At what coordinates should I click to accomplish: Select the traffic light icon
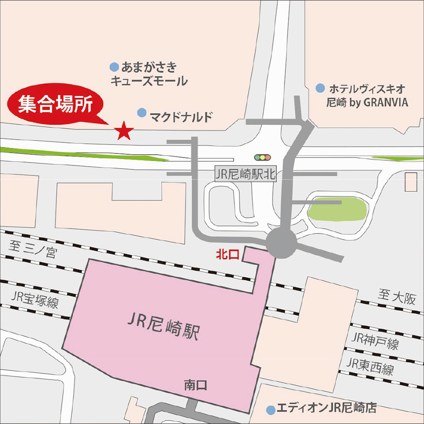click(x=262, y=157)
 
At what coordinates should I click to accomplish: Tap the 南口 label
click(x=196, y=385)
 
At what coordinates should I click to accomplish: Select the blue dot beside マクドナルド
click(x=142, y=112)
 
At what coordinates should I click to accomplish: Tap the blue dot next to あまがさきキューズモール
click(x=114, y=67)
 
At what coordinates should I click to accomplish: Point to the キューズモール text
click(x=149, y=82)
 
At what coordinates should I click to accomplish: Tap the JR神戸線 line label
click(x=375, y=341)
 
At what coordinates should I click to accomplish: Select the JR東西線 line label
click(x=370, y=366)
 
